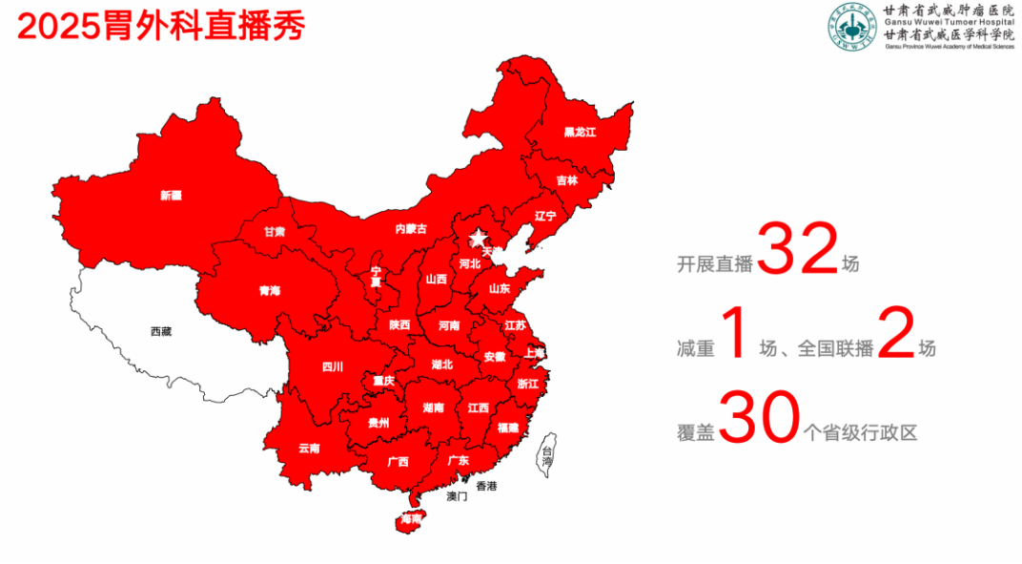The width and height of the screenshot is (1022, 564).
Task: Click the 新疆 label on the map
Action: click(171, 196)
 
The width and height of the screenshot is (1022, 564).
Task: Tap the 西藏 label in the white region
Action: click(161, 331)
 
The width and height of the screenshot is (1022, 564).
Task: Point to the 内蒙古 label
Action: click(411, 228)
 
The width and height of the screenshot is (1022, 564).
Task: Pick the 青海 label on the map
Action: click(270, 290)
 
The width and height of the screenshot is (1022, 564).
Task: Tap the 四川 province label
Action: click(332, 366)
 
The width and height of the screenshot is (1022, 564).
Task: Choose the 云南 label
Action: click(309, 448)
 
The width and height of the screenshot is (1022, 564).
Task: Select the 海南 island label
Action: click(412, 520)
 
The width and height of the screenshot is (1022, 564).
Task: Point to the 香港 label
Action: click(486, 486)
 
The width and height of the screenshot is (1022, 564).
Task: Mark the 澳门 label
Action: click(457, 496)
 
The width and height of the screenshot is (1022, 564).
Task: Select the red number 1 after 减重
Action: click(734, 334)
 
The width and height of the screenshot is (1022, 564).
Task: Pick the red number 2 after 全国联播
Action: click(895, 334)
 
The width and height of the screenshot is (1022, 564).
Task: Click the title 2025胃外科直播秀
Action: click(161, 26)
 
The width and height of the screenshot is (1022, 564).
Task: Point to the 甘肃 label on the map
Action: click(275, 231)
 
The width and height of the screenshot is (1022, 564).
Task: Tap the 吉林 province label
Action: click(567, 179)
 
